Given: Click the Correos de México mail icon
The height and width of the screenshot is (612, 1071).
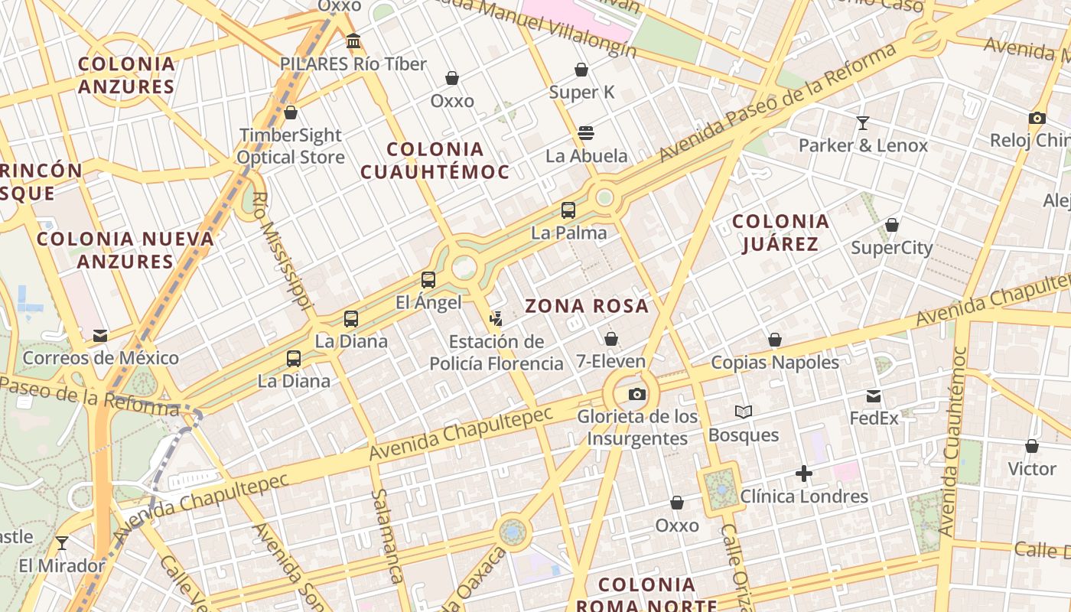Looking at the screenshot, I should pyautogui.click(x=100, y=336).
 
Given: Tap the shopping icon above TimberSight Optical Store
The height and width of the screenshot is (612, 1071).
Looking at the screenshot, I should pyautogui.click(x=291, y=113).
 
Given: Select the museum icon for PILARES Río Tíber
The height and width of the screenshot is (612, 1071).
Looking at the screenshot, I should pyautogui.click(x=353, y=41).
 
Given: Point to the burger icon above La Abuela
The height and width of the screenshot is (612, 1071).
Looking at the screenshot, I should pyautogui.click(x=586, y=133).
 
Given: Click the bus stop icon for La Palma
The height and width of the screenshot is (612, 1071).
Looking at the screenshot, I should pyautogui.click(x=568, y=210).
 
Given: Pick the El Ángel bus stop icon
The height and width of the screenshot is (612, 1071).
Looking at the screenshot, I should pyautogui.click(x=428, y=280).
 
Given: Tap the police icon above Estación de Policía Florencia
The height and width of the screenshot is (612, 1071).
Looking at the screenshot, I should pyautogui.click(x=496, y=318).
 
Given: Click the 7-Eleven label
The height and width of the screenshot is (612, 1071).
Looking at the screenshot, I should pyautogui.click(x=610, y=361).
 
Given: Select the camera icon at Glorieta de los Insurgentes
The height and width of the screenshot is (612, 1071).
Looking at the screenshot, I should pyautogui.click(x=636, y=395).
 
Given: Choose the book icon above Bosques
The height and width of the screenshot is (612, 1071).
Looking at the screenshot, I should pyautogui.click(x=744, y=412).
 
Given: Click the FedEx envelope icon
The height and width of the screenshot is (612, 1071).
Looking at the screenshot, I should pyautogui.click(x=874, y=396).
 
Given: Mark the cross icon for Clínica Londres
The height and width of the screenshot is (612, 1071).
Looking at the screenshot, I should pyautogui.click(x=803, y=474).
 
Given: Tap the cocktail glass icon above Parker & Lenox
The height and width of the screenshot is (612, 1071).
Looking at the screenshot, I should pyautogui.click(x=863, y=122).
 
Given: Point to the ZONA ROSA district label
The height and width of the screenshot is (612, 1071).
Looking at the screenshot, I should pyautogui.click(x=587, y=307).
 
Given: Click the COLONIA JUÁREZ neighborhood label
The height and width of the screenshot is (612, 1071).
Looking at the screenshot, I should pyautogui.click(x=780, y=233).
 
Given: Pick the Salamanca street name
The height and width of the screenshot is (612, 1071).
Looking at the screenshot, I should pyautogui.click(x=387, y=535).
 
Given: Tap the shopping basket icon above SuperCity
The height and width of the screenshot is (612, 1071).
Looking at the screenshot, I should pyautogui.click(x=892, y=225).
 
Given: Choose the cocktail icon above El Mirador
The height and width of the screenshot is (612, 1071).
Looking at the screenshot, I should pyautogui.click(x=62, y=543).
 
